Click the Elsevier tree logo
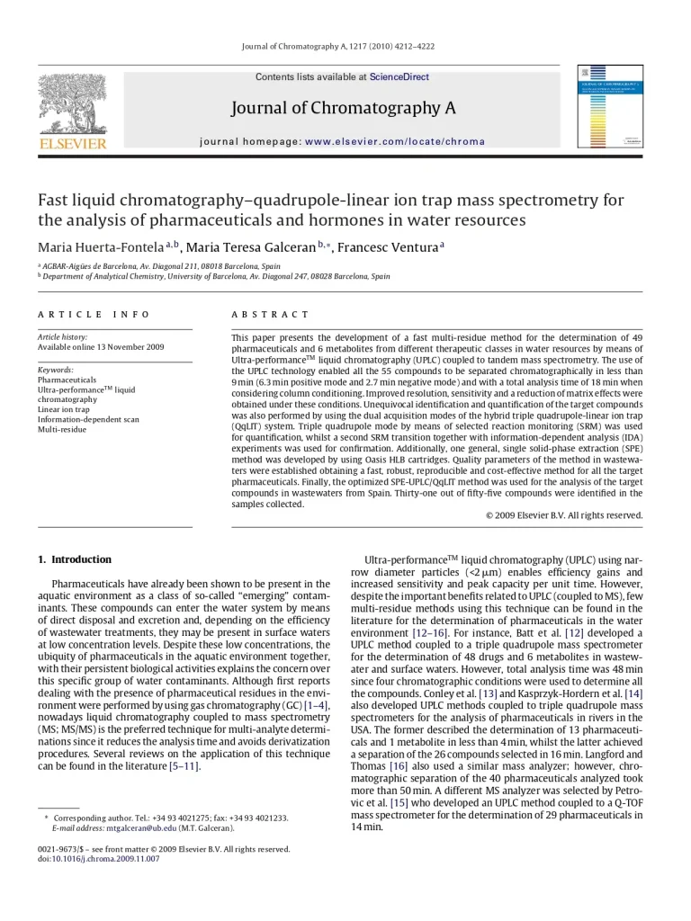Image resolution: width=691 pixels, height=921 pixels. pos(72,105)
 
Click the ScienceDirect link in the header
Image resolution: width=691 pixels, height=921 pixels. pos(399,77)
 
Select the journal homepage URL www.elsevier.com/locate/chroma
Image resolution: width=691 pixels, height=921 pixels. pos(394,141)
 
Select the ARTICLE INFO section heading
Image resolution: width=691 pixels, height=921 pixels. pos(94,315)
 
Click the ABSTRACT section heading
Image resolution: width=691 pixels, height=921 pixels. pos(270,315)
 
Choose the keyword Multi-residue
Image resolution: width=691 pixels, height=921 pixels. pos(62,429)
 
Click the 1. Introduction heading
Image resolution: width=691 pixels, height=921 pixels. pos(75,559)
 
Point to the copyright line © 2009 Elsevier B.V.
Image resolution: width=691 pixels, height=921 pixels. pos(563,515)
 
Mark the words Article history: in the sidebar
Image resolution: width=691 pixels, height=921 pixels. pos(63,336)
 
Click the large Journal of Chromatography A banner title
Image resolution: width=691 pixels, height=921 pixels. pos(344,109)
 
